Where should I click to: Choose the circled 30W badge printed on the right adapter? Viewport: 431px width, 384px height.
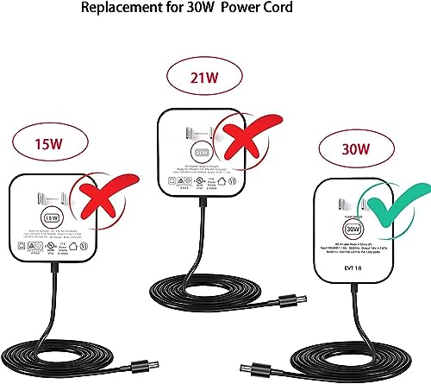pyautogui.click(x=352, y=230)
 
